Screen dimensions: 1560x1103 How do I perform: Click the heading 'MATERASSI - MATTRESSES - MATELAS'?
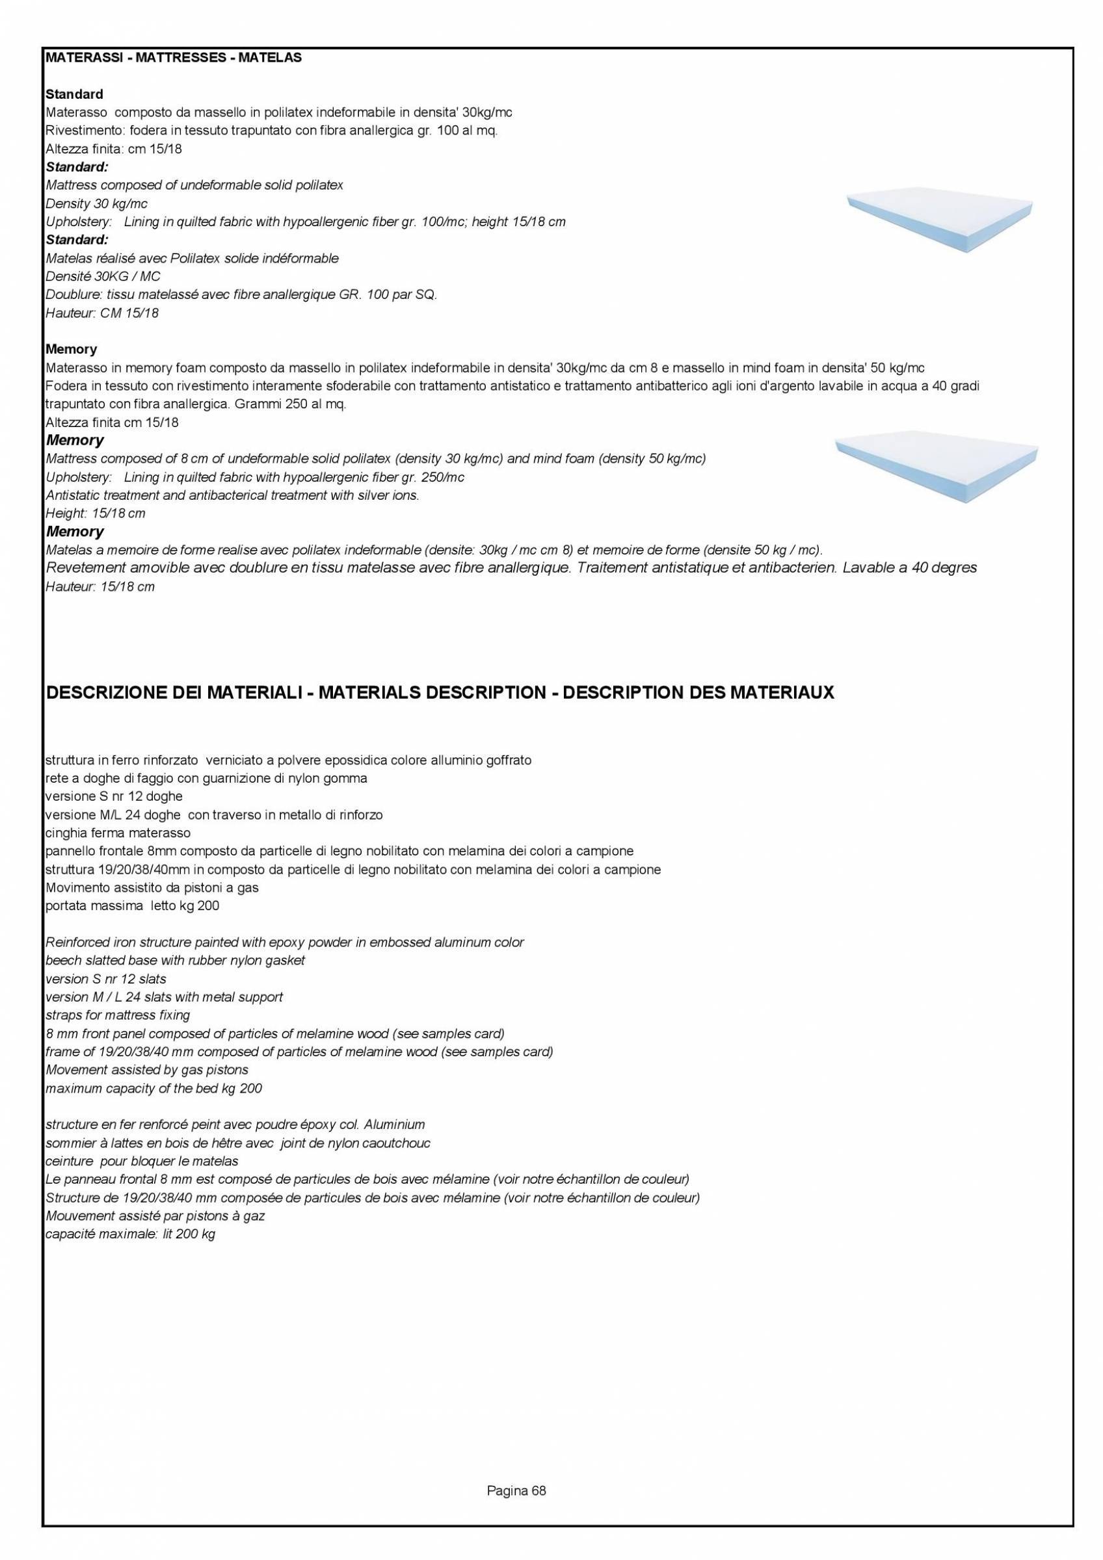click(172, 58)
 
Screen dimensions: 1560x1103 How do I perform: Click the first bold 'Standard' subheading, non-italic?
click(74, 94)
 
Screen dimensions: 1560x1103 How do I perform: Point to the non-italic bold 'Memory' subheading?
click(72, 349)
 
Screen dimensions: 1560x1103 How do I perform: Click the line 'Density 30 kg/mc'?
click(96, 203)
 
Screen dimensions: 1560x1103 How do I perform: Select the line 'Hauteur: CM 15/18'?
click(102, 313)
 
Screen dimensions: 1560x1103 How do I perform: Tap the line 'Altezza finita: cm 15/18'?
click(114, 149)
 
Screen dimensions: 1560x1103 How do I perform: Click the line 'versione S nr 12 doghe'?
click(114, 796)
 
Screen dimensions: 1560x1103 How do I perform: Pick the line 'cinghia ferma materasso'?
click(118, 833)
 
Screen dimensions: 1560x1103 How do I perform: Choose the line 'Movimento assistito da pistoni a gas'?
click(152, 887)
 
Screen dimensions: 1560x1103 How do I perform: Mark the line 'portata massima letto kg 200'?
click(132, 905)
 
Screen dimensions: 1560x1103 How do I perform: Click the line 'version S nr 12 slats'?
click(105, 979)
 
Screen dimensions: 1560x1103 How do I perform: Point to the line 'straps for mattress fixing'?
click(117, 1016)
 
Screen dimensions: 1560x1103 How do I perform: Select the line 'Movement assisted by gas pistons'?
click(146, 1070)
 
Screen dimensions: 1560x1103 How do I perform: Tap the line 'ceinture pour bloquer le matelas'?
click(141, 1161)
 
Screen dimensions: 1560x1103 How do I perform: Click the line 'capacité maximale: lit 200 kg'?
click(130, 1234)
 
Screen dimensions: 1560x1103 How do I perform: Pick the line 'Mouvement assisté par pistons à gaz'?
click(154, 1216)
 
